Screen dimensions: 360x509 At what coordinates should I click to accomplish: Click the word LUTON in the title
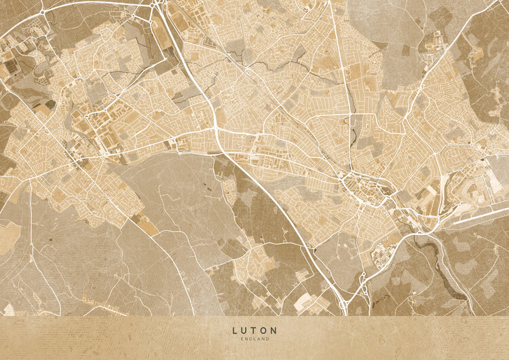click(x=254, y=331)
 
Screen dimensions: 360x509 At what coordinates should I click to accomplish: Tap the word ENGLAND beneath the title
click(x=254, y=338)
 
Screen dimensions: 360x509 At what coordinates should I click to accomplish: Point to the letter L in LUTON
click(x=235, y=331)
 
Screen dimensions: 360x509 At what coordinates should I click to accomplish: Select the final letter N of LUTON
click(x=274, y=331)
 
